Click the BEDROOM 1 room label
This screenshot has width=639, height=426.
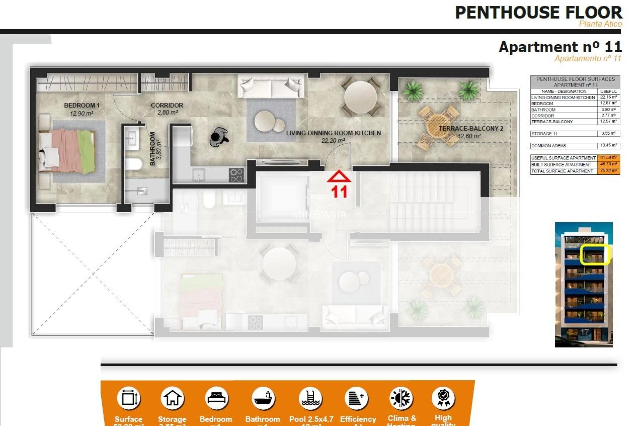coord(82,106)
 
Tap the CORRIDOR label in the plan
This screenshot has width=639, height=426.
coord(167,106)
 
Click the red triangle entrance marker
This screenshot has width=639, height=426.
coord(338,177)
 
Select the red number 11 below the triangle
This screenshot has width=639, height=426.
coord(339,192)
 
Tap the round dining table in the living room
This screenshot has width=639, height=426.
coord(360,98)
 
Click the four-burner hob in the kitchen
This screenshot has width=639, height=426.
coord(236,175)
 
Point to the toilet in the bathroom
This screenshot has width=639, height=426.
coord(133,164)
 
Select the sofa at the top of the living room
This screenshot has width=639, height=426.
coord(271,86)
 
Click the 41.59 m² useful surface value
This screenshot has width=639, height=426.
coord(608,158)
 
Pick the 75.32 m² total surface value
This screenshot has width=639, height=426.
coord(608,171)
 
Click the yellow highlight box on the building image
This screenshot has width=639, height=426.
coord(594,255)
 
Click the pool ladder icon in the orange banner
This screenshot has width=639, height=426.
coord(310,398)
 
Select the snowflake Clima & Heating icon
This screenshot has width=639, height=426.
coord(401,398)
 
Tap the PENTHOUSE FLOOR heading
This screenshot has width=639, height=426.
coord(538,13)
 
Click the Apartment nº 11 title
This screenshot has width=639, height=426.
coord(560,47)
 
